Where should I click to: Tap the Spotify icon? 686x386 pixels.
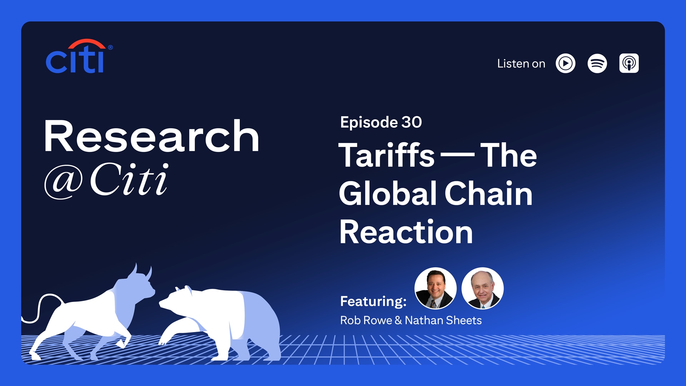click(x=597, y=64)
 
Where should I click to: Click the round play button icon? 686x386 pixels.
click(x=565, y=64)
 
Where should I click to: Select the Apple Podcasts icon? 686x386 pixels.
click(x=629, y=64)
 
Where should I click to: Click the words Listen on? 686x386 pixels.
click(x=521, y=64)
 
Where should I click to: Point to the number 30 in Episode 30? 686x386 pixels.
click(x=412, y=122)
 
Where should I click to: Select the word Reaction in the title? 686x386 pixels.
click(x=406, y=232)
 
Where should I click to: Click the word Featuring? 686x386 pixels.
click(x=373, y=301)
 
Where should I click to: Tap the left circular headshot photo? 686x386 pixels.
click(x=435, y=288)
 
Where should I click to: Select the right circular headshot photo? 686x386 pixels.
click(x=482, y=288)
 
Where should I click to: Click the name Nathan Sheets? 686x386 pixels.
click(x=443, y=320)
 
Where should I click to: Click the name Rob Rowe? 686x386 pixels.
click(x=366, y=320)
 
